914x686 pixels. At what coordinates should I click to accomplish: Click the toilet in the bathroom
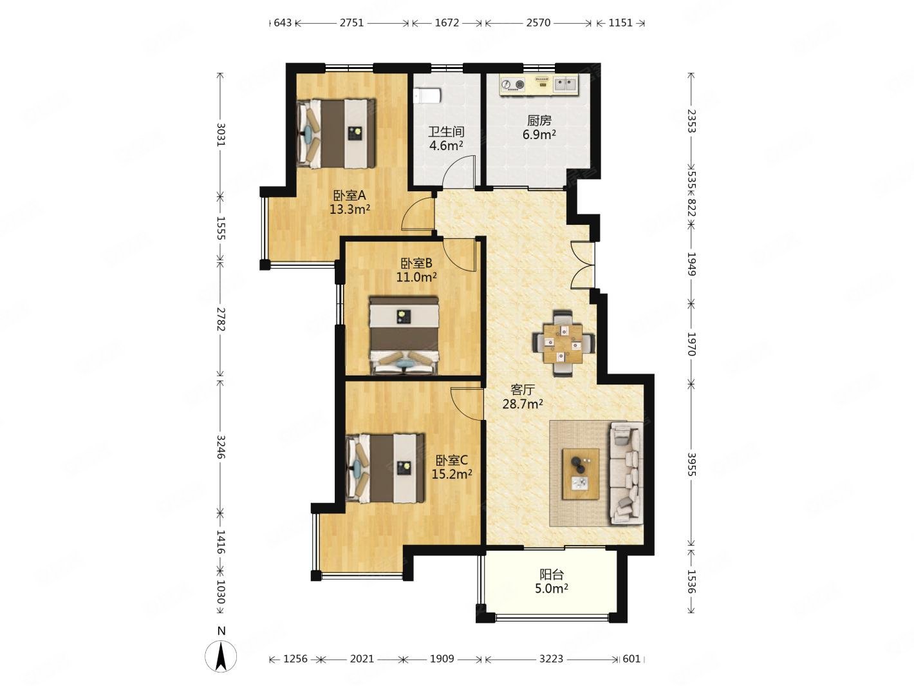tap(427, 95)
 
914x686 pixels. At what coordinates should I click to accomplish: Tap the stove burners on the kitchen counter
tap(512, 84)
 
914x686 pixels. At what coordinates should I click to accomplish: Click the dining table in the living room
tap(563, 343)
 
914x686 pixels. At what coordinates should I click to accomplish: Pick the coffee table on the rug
tap(580, 473)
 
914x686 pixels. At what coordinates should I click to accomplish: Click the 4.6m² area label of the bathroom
tap(447, 146)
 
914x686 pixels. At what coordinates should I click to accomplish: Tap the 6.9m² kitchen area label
tap(539, 134)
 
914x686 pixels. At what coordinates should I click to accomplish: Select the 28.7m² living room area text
tap(522, 404)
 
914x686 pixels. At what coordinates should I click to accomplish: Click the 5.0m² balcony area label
tap(552, 588)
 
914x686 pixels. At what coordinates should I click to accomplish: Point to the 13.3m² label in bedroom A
tap(350, 209)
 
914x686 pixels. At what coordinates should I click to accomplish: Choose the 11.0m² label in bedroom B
tap(416, 276)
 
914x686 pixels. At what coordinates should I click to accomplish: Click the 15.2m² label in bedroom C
tap(452, 474)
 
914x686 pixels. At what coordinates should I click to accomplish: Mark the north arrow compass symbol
tap(221, 656)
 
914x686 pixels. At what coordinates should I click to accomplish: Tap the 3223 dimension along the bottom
tap(551, 658)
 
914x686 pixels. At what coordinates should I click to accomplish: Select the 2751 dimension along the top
tap(351, 23)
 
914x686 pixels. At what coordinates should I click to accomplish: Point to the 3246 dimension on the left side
tap(221, 446)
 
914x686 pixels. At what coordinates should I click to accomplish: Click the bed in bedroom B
tap(404, 336)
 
